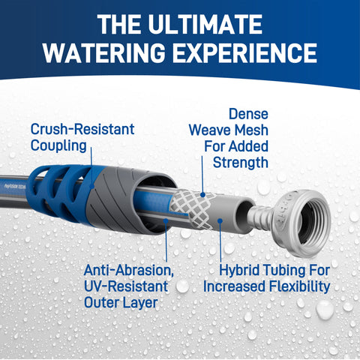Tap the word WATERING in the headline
pos(104,52)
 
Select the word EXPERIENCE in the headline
pos(245,52)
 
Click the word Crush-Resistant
pos(82,129)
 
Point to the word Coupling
pos(58,146)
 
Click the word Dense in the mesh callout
pos(248,114)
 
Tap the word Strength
pos(241,163)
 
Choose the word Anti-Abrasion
pos(129,270)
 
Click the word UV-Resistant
pos(126,286)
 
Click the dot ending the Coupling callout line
pos(91,187)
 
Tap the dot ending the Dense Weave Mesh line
pos(203,195)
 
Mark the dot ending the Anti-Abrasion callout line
pos(166,220)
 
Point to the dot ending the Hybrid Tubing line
pos(220,221)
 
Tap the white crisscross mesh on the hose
pos(193,209)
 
